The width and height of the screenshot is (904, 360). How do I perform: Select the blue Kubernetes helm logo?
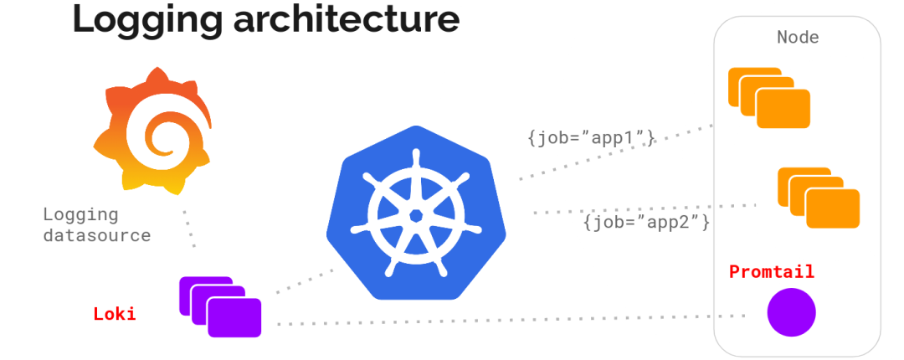pos(415,213)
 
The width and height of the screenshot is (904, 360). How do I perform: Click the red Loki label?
pos(114,315)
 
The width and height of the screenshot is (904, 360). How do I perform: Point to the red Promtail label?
pos(771,272)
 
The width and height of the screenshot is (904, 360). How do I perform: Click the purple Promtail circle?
pos(791,312)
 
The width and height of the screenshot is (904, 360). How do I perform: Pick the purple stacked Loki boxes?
pos(220,306)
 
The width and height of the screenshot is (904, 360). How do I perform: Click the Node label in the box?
pos(798,38)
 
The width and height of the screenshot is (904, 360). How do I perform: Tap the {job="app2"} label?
pos(647,223)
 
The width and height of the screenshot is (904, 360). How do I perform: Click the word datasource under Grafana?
pos(97,235)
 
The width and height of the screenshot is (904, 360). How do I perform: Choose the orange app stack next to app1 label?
pos(769,98)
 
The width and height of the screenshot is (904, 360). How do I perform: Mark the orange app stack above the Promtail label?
pos(819,198)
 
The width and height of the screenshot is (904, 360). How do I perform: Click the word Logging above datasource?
pos(80,214)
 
